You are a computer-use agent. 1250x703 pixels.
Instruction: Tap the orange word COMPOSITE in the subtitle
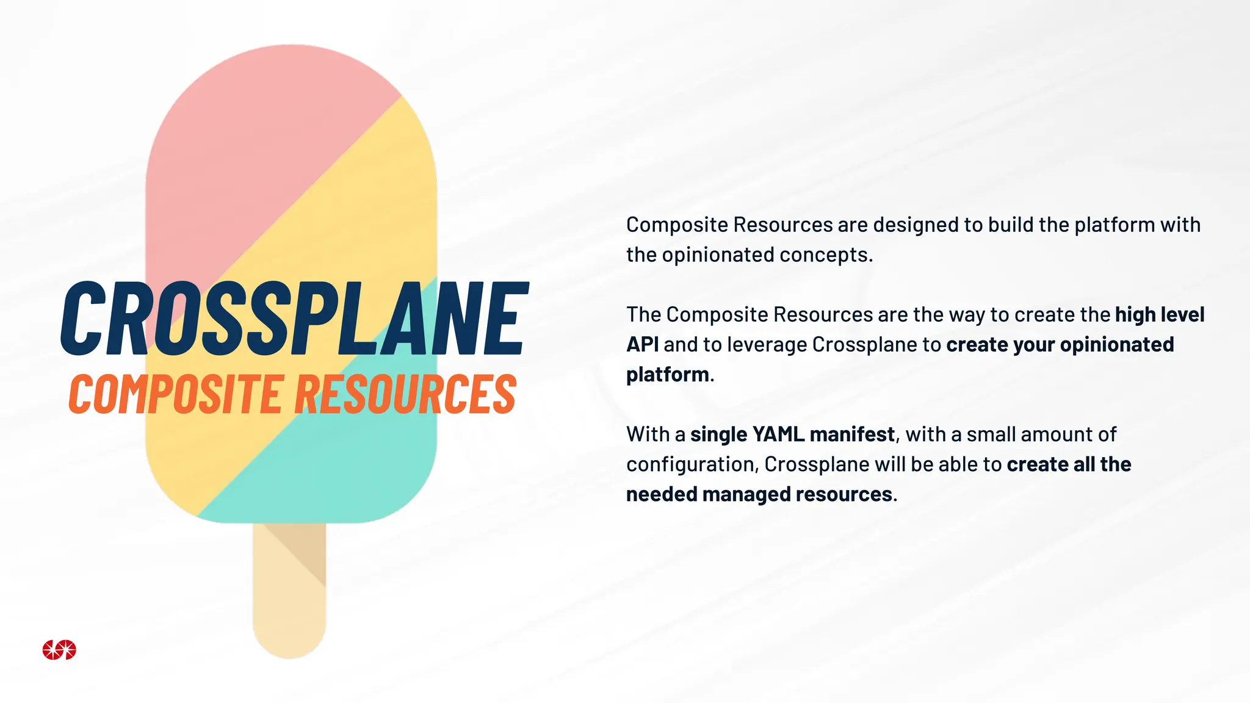coord(175,394)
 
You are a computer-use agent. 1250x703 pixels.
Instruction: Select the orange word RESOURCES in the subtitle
coord(406,394)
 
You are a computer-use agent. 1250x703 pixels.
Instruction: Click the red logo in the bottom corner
coord(59,650)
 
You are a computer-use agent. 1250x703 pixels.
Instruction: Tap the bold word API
coord(642,345)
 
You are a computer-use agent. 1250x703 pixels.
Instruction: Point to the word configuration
coord(692,465)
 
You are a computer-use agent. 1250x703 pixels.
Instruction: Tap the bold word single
coord(718,435)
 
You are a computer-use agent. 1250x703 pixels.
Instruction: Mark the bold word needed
coord(662,494)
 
